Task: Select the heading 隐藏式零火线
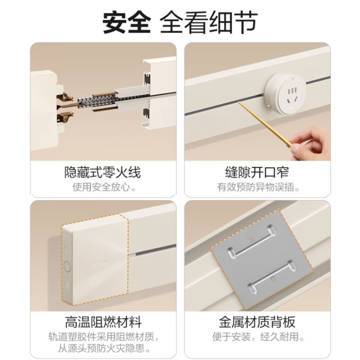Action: click(103, 172)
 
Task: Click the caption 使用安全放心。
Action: click(103, 187)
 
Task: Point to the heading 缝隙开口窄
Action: click(257, 172)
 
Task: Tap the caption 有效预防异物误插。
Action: click(257, 187)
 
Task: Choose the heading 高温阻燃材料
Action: click(103, 322)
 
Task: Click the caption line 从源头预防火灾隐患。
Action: click(103, 348)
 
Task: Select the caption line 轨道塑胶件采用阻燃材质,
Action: click(103, 336)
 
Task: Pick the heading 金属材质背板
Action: click(257, 322)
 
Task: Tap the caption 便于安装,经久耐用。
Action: click(257, 336)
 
